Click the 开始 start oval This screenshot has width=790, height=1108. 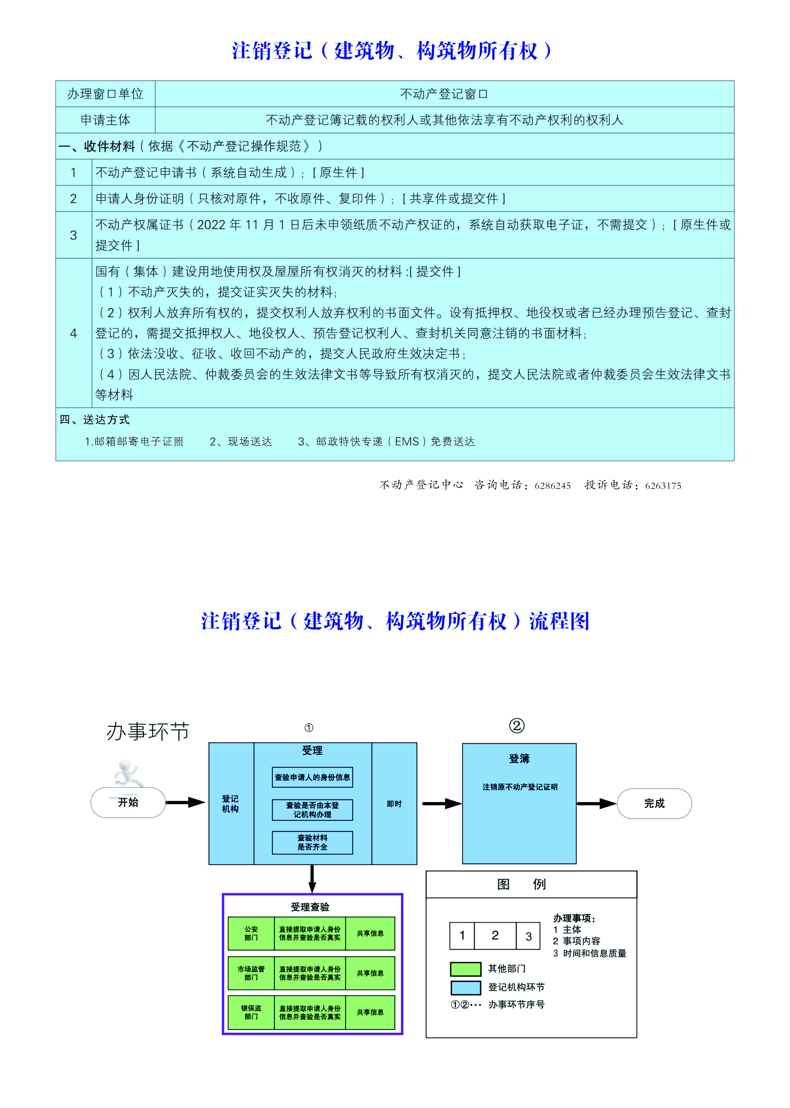pyautogui.click(x=128, y=802)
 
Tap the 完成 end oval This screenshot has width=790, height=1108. pyautogui.click(x=654, y=803)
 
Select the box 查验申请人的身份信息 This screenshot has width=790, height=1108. pyautogui.click(x=312, y=777)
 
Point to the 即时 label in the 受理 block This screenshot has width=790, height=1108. pyautogui.click(x=394, y=804)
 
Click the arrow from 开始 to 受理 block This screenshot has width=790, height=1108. pyautogui.click(x=185, y=802)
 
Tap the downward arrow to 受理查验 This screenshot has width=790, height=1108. pyautogui.click(x=312, y=879)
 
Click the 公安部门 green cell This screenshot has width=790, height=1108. pyautogui.click(x=251, y=933)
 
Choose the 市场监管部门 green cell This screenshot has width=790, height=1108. pyautogui.click(x=251, y=973)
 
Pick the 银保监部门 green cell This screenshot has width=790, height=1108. pyautogui.click(x=251, y=1013)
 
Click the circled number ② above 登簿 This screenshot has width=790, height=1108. pyautogui.click(x=517, y=726)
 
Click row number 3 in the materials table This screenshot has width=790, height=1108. pyautogui.click(x=74, y=235)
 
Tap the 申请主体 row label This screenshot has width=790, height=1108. pyautogui.click(x=105, y=120)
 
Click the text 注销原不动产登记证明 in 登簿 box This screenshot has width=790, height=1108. pyautogui.click(x=520, y=787)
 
